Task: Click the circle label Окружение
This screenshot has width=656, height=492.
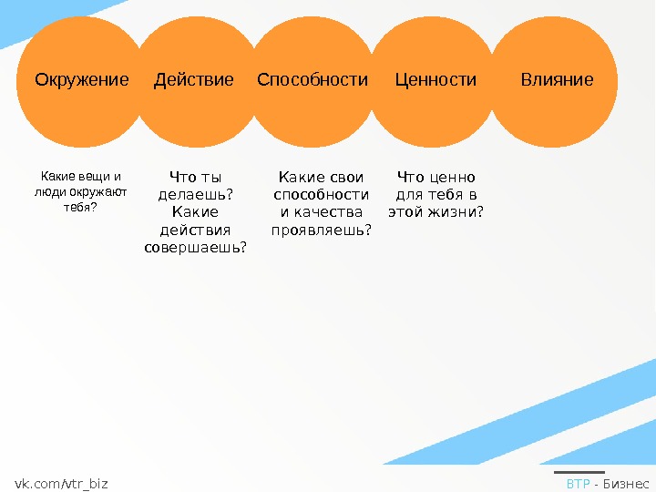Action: [x=82, y=80]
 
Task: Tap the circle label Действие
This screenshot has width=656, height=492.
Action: [x=194, y=80]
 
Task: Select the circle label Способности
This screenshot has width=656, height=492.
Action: [x=313, y=80]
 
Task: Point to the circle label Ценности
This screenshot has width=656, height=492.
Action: [x=436, y=80]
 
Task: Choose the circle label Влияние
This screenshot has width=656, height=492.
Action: [x=557, y=80]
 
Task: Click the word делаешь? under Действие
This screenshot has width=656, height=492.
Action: [x=195, y=194]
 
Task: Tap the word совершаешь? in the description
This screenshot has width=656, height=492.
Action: [x=195, y=247]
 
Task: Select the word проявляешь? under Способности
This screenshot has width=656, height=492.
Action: [x=322, y=230]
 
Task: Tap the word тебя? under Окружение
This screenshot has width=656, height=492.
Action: [x=80, y=207]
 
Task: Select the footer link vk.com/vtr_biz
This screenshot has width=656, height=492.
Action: [x=61, y=483]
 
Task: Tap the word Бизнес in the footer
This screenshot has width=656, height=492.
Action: [x=626, y=483]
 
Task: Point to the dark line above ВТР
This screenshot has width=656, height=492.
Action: [x=579, y=472]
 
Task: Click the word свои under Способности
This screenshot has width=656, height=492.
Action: [x=346, y=177]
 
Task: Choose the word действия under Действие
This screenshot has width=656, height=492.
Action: [x=195, y=230]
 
